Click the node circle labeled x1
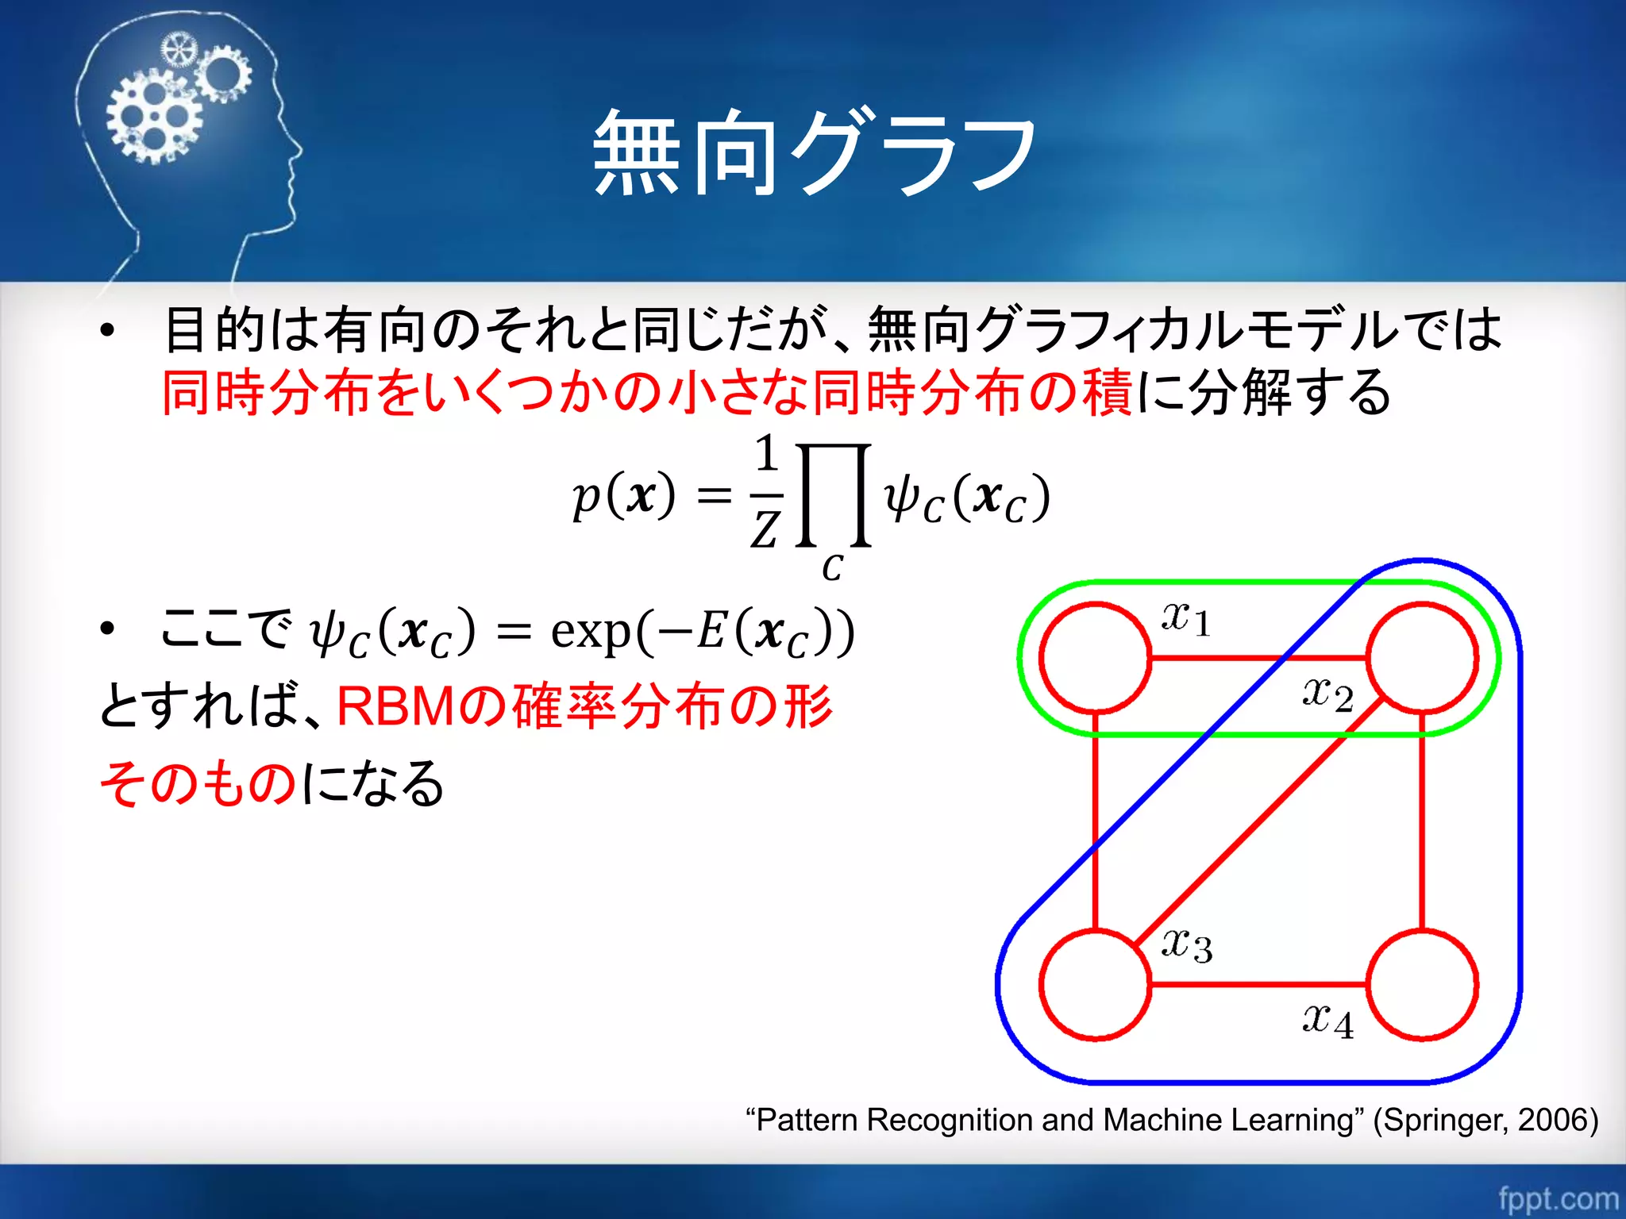[x=1095, y=658]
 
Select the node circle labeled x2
[x=1422, y=658]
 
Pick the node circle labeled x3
[x=1095, y=985]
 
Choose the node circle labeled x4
[x=1422, y=985]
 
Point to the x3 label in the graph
[x=1186, y=944]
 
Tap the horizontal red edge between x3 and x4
[x=1258, y=985]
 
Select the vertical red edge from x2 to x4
[x=1422, y=821]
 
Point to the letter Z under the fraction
[x=765, y=529]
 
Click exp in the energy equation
[x=591, y=632]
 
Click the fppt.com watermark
[x=1558, y=1198]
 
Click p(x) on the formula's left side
[x=624, y=496]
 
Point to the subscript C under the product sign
[x=832, y=568]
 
